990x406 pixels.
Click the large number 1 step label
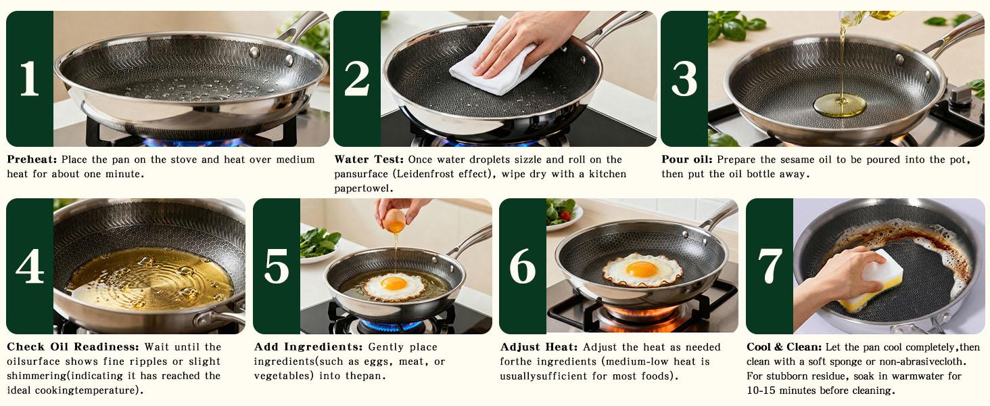click(29, 79)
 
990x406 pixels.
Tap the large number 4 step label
click(29, 267)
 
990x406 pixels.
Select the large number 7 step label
click(770, 267)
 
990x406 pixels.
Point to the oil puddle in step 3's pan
click(839, 105)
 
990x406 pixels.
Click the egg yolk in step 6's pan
click(641, 269)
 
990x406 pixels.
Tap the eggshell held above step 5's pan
click(394, 221)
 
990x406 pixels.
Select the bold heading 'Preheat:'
click(32, 160)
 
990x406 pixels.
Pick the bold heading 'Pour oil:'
click(687, 160)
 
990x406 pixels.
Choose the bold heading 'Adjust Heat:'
click(539, 347)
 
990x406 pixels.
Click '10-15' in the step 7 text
click(760, 390)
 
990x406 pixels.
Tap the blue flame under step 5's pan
click(390, 326)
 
